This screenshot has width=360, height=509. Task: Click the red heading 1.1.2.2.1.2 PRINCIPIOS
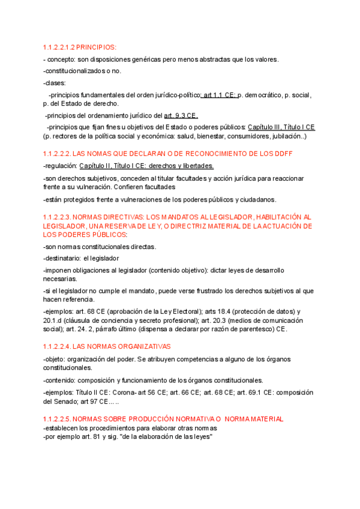point(80,47)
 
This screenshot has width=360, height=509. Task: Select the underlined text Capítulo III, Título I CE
point(281,128)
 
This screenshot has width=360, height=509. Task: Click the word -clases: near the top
point(55,83)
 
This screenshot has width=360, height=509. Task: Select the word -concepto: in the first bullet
point(60,59)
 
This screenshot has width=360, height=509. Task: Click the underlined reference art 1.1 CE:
point(220,95)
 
